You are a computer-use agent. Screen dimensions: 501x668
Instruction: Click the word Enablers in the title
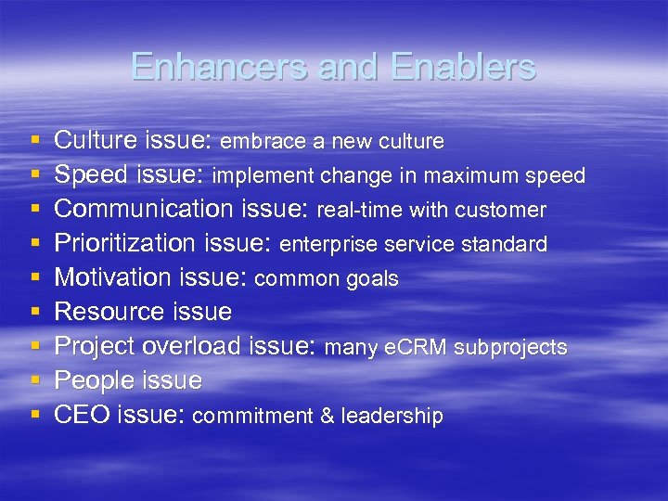pos(464,67)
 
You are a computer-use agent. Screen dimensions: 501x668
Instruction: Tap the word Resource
pos(104,312)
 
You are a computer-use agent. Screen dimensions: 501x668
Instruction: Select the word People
pos(90,380)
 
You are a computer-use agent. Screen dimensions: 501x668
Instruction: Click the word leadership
pos(392,417)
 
